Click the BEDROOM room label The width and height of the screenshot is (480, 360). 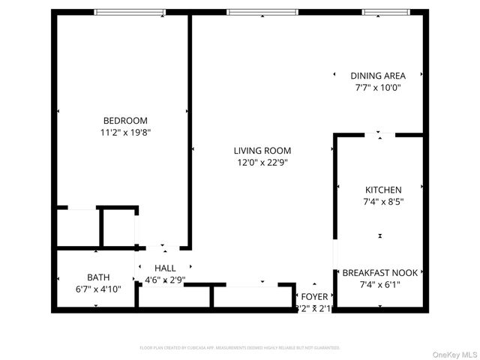coord(125,120)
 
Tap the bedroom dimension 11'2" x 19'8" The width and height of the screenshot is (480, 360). coord(125,132)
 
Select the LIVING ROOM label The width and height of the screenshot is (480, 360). coord(262,151)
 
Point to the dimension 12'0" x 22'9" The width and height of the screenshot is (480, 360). coord(262,162)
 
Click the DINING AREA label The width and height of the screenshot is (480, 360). coord(378,76)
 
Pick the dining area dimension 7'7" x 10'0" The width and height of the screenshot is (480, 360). coord(378,87)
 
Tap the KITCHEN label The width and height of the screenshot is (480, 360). coord(383,190)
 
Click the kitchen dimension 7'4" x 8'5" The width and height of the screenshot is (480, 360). coord(383,201)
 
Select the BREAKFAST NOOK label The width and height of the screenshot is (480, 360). coord(380,273)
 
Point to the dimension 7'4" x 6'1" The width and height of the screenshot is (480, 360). coord(380,284)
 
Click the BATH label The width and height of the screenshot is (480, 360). coord(98,276)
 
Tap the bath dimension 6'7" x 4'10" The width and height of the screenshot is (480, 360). coord(98,287)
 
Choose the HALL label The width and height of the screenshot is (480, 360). coord(165,268)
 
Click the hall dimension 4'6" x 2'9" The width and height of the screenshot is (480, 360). coord(165,280)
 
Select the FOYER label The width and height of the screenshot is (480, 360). coord(314,296)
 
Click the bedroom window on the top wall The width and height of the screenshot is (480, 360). coord(130,12)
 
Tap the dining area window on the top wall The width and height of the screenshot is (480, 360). coord(384,12)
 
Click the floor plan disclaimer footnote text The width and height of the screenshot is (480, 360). coord(240,348)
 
